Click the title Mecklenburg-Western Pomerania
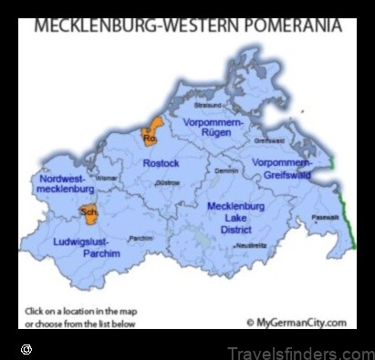[x=187, y=26]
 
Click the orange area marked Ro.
[x=151, y=134]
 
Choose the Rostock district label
[x=161, y=163]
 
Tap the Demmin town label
[x=226, y=170]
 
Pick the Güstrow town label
[x=167, y=183]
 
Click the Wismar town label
[x=107, y=179]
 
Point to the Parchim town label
[x=141, y=239]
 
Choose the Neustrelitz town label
[x=251, y=246]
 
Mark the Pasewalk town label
[x=325, y=217]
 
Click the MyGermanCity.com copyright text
[x=297, y=322]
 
